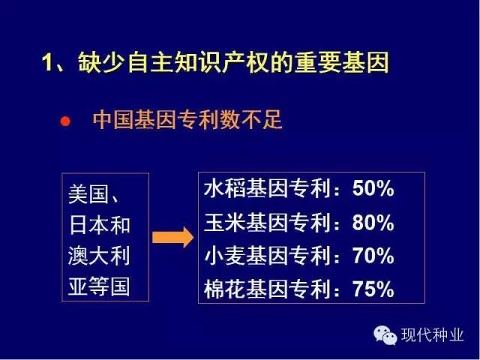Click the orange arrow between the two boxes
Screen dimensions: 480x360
172,237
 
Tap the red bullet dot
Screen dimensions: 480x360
65,121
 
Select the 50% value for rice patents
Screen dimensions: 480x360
373,188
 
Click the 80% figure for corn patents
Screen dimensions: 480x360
373,222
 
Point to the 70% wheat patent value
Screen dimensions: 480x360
373,256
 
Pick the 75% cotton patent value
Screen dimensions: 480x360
373,289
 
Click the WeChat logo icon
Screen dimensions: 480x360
385,335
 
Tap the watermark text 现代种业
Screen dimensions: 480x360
432,335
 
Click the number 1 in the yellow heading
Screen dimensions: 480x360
47,63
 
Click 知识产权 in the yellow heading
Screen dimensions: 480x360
222,62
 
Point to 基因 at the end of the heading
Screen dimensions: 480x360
365,62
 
